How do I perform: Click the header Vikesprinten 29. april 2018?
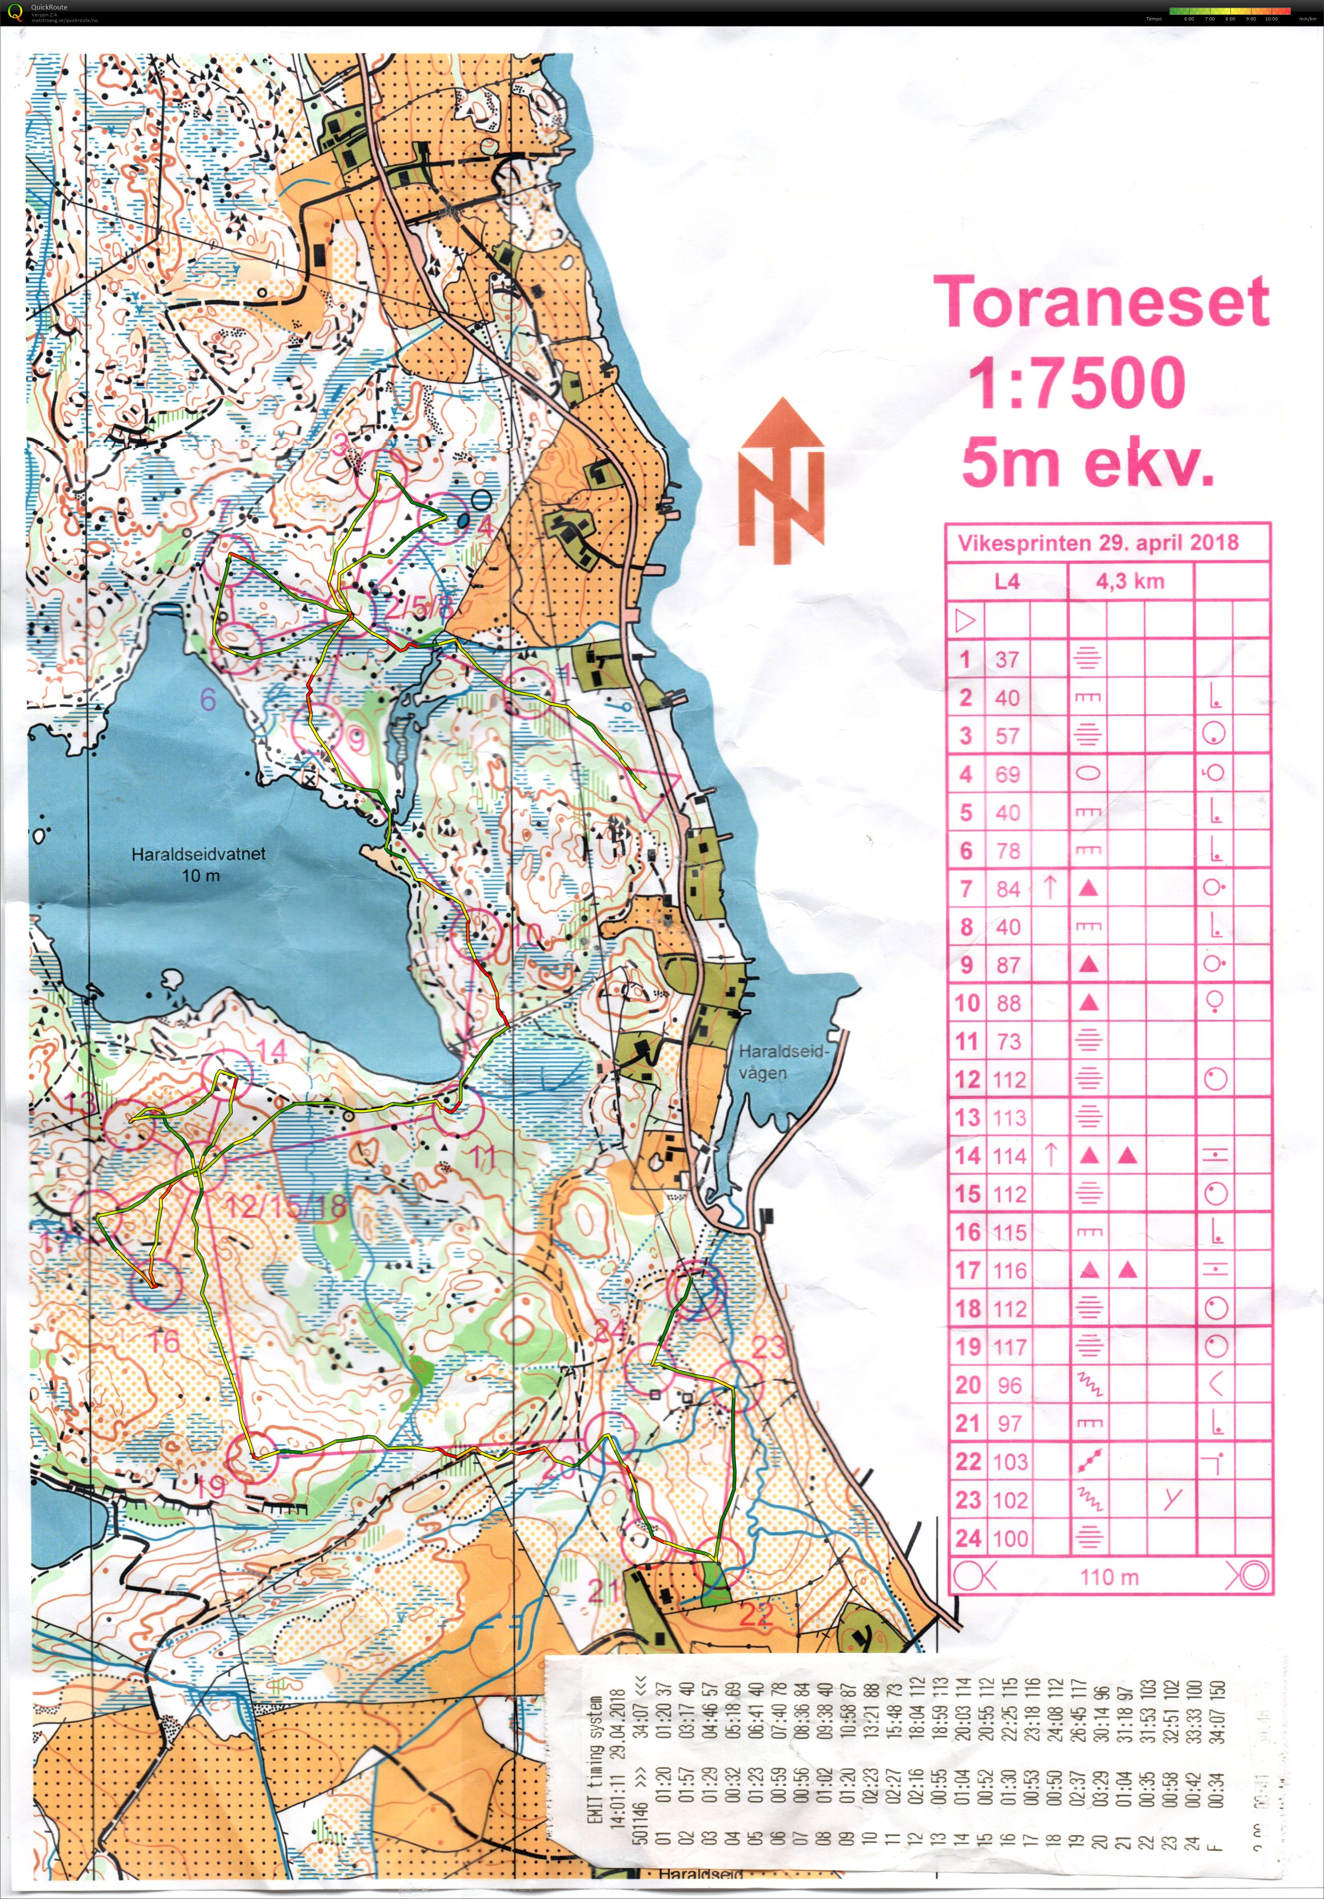click(x=1098, y=543)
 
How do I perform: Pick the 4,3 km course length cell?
click(x=1130, y=581)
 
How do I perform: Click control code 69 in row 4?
click(x=1007, y=775)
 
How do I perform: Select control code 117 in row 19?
click(x=1010, y=1347)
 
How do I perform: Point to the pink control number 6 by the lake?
click(x=208, y=700)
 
